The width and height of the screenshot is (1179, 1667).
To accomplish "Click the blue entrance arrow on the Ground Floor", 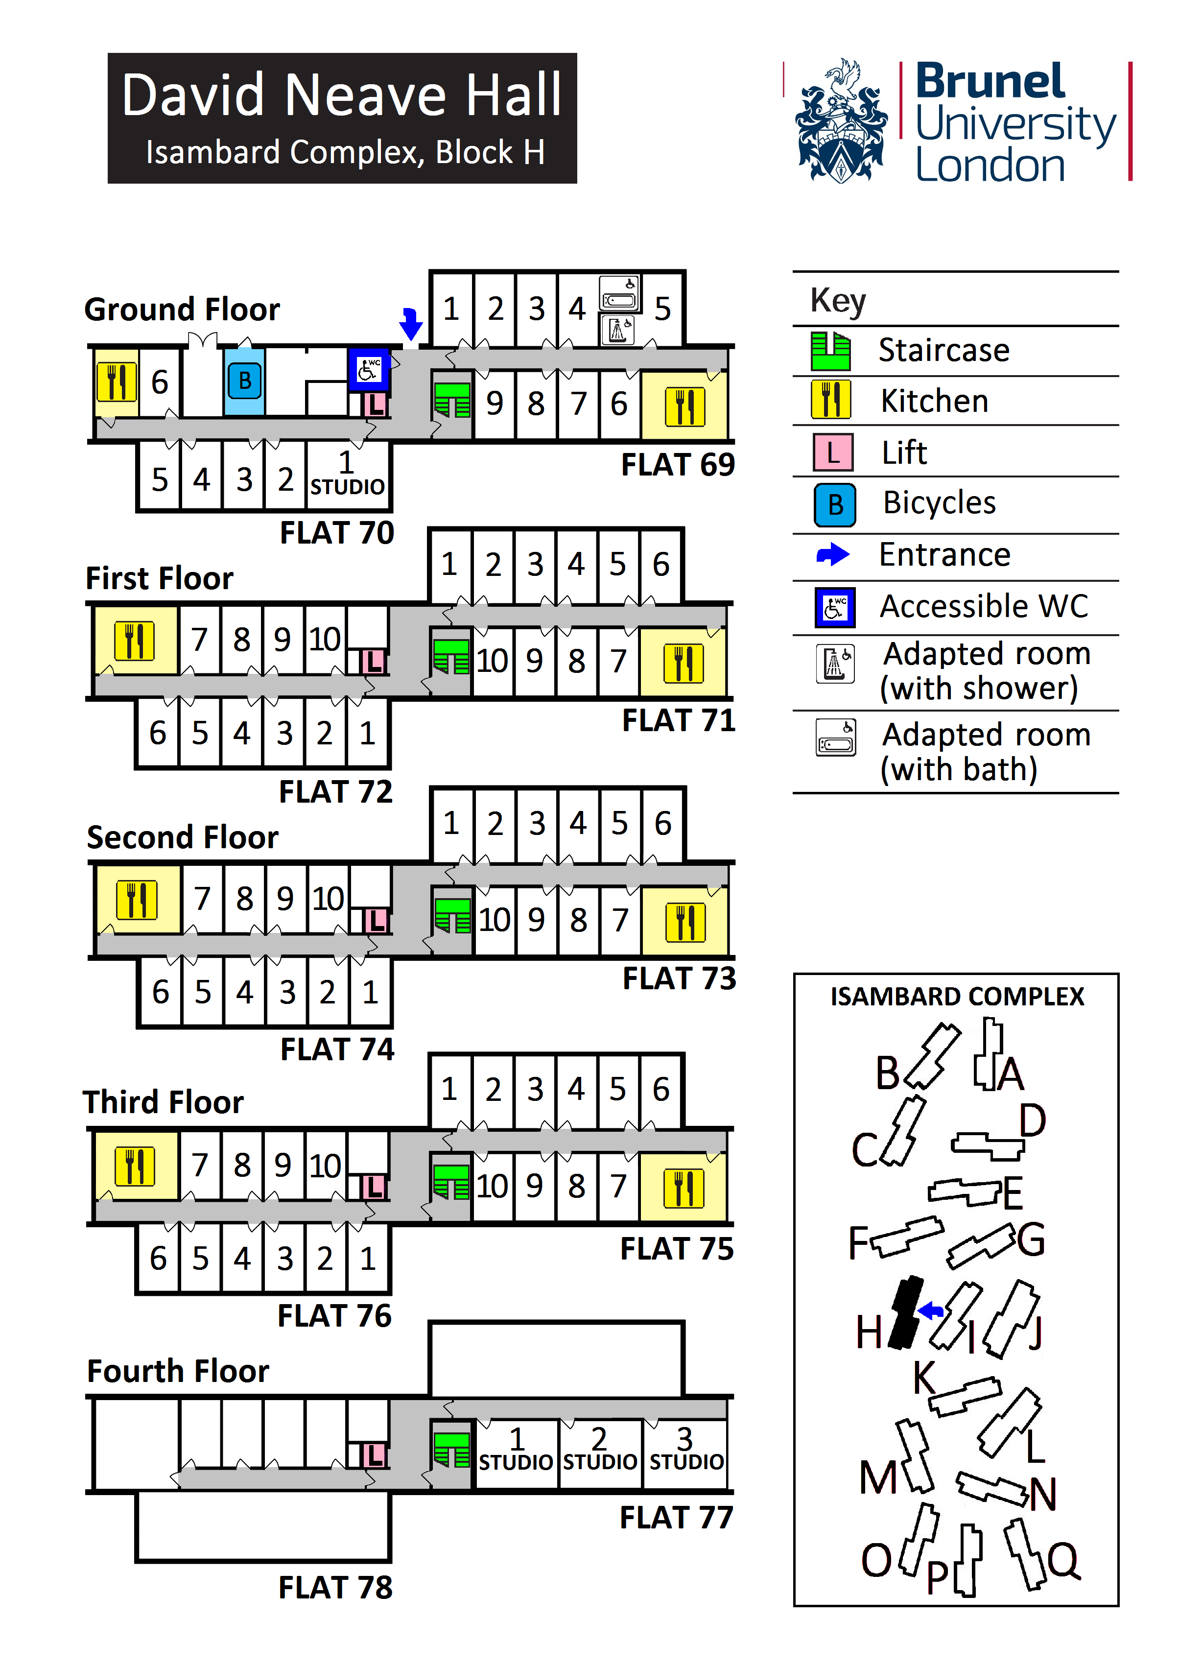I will click(411, 323).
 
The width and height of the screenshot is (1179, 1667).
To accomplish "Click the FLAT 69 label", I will click(677, 465).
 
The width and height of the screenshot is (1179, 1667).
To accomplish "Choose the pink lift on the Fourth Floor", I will click(374, 1455).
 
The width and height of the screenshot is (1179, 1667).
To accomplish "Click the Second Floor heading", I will click(182, 837).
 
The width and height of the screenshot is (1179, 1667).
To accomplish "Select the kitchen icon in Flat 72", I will click(134, 641).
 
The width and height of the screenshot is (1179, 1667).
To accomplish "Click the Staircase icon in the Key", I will click(830, 351).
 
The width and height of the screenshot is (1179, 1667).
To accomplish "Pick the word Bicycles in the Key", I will click(939, 502).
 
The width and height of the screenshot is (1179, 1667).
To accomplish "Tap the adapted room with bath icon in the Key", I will click(836, 738).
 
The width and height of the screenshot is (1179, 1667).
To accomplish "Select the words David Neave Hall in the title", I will click(342, 95).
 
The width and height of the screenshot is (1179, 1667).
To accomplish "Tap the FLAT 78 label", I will click(335, 1587).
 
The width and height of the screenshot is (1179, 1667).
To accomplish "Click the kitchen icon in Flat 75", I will click(683, 1188).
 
